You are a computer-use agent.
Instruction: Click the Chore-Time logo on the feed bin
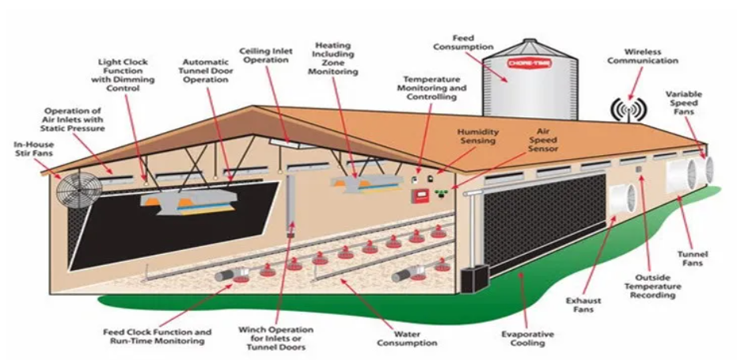(530, 63)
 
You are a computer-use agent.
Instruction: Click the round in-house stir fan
(79, 190)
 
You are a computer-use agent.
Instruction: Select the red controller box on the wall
(420, 195)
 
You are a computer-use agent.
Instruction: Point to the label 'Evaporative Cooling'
(527, 339)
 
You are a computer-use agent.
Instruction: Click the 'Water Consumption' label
(407, 339)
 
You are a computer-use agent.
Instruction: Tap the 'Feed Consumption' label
(463, 42)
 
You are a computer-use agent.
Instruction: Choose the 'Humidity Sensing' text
(479, 136)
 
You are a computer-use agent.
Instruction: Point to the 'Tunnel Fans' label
(693, 259)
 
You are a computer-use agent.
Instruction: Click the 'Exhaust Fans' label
(583, 305)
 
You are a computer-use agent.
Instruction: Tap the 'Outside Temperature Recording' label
(655, 286)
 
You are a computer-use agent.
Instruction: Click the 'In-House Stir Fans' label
(34, 149)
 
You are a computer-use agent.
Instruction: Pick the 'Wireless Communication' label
(643, 56)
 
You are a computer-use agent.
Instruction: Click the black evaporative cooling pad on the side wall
(545, 223)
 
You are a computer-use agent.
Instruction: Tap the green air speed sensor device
(441, 192)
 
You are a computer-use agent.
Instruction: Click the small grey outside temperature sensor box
(638, 169)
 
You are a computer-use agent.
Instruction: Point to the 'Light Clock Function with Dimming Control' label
(123, 74)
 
